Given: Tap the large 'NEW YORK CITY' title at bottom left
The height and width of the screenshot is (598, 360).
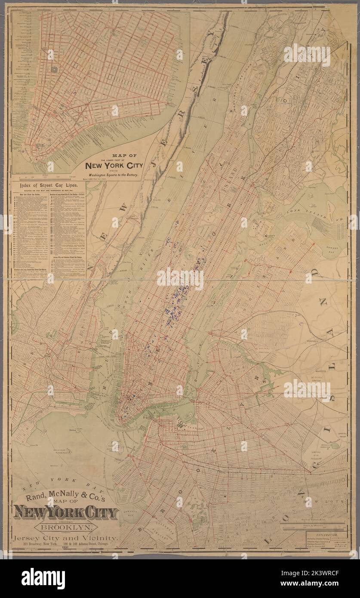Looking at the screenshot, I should [x=66, y=513].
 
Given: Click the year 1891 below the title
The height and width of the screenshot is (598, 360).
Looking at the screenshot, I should [x=65, y=548].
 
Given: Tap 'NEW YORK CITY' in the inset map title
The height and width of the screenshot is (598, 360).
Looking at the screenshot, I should [x=114, y=166].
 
